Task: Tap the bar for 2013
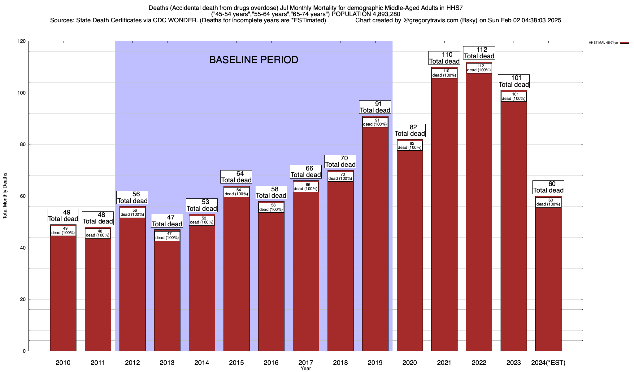[x=167, y=294]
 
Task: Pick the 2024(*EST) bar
[x=548, y=279]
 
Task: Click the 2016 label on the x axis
[x=271, y=363]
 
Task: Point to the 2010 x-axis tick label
[x=63, y=363]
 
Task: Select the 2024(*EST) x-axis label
[x=548, y=363]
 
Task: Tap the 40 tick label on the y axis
[x=23, y=248]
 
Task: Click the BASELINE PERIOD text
[x=254, y=60]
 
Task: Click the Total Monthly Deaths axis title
[x=5, y=196]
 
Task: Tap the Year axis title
[x=306, y=369]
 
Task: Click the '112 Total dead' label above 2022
[x=479, y=53]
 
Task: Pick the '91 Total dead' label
[x=375, y=107]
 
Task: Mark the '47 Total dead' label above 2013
[x=167, y=221]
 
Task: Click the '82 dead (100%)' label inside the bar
[x=410, y=145]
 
